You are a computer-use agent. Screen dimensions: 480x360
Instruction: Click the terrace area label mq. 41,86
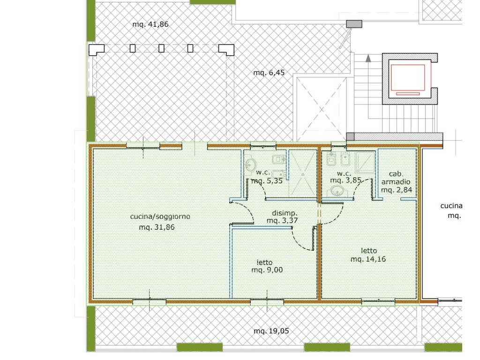point(150,24)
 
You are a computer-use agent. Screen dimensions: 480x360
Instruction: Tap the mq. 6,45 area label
point(269,73)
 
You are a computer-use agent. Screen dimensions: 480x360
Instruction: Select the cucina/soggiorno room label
point(160,217)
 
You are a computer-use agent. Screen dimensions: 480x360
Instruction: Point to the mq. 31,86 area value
point(157,227)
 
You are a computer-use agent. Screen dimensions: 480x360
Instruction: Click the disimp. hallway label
point(285,213)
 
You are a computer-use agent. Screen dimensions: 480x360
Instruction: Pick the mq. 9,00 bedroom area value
point(267,270)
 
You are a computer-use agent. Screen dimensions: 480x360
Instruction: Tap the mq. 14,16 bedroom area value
point(368,259)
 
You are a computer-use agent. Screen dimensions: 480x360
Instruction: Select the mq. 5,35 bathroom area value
point(267,181)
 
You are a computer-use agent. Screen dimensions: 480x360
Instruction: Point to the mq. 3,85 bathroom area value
point(346,180)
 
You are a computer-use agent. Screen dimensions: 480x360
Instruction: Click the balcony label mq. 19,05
point(271,331)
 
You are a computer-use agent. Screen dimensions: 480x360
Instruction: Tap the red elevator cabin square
point(408,78)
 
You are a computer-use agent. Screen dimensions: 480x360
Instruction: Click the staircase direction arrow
point(368,58)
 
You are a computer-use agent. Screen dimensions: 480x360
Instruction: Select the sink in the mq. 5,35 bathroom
point(250,165)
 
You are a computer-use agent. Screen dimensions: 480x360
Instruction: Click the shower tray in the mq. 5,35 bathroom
point(303,174)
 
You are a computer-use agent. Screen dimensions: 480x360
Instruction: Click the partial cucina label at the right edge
point(451,206)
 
